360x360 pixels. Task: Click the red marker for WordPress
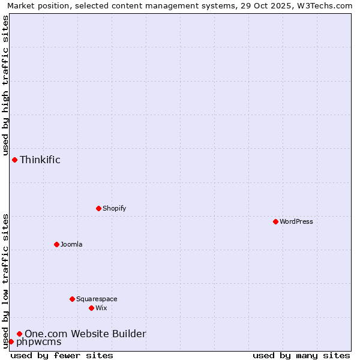click(x=275, y=221)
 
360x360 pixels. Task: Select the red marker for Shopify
click(x=98, y=208)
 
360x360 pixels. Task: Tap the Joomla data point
click(x=56, y=244)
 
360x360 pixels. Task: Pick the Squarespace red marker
click(x=72, y=299)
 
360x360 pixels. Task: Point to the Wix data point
click(x=91, y=308)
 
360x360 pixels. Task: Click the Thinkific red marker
click(x=14, y=160)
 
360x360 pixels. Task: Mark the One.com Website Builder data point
click(x=19, y=334)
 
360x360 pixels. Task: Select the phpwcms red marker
click(x=11, y=341)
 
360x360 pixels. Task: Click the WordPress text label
click(x=296, y=221)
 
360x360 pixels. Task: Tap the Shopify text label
click(x=115, y=208)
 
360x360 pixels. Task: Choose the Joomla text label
click(x=71, y=244)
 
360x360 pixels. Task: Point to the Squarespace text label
click(x=97, y=299)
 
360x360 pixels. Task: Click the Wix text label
click(x=101, y=308)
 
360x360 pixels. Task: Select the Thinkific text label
click(x=40, y=160)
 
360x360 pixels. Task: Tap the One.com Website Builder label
click(x=85, y=334)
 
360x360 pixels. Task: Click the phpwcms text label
click(x=39, y=342)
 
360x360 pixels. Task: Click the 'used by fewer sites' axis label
click(x=62, y=355)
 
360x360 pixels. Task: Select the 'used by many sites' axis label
click(x=301, y=355)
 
